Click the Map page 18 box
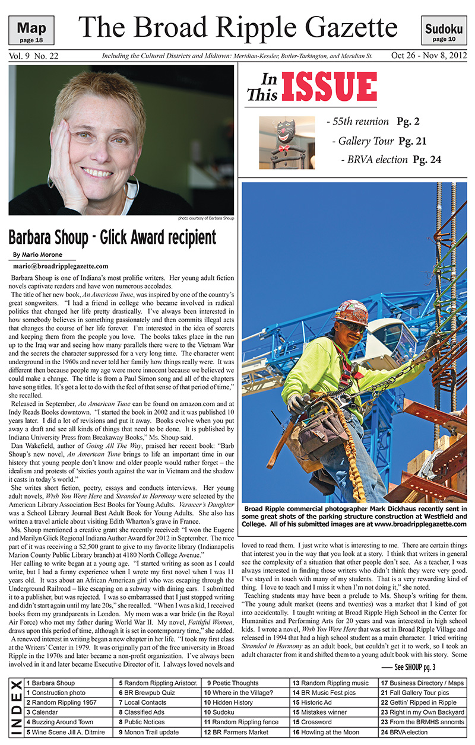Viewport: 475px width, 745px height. click(36, 30)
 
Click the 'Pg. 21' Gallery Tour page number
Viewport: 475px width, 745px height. click(412, 141)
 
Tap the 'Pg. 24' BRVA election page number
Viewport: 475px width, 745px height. click(427, 160)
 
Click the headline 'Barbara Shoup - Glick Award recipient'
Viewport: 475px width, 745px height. click(112, 237)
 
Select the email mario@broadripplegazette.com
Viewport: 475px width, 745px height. click(60, 266)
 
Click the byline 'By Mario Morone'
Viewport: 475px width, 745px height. click(37, 254)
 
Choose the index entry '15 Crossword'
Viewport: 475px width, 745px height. click(312, 722)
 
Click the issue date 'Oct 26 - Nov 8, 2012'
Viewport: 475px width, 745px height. click(428, 56)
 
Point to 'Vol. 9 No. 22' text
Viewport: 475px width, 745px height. click(36, 56)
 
